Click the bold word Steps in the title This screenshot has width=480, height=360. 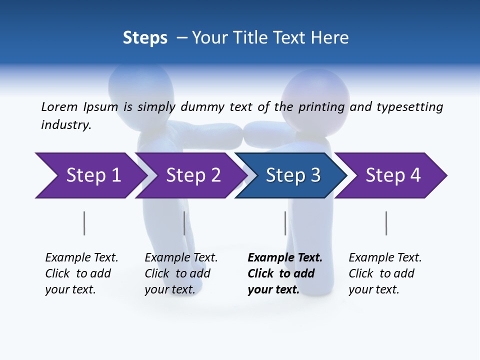click(x=145, y=38)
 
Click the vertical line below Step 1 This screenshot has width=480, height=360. click(x=84, y=223)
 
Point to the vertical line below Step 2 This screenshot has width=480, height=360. click(x=184, y=223)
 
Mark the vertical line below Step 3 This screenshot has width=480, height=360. click(x=285, y=223)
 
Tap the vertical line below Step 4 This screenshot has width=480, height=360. click(x=386, y=223)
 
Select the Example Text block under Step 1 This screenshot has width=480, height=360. click(x=81, y=273)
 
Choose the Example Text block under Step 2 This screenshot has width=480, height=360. click(x=181, y=273)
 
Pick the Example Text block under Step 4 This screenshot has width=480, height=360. click(x=385, y=273)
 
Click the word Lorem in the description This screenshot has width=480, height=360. click(x=59, y=107)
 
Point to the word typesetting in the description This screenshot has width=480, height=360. click(x=409, y=107)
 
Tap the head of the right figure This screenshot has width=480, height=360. click(x=315, y=95)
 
